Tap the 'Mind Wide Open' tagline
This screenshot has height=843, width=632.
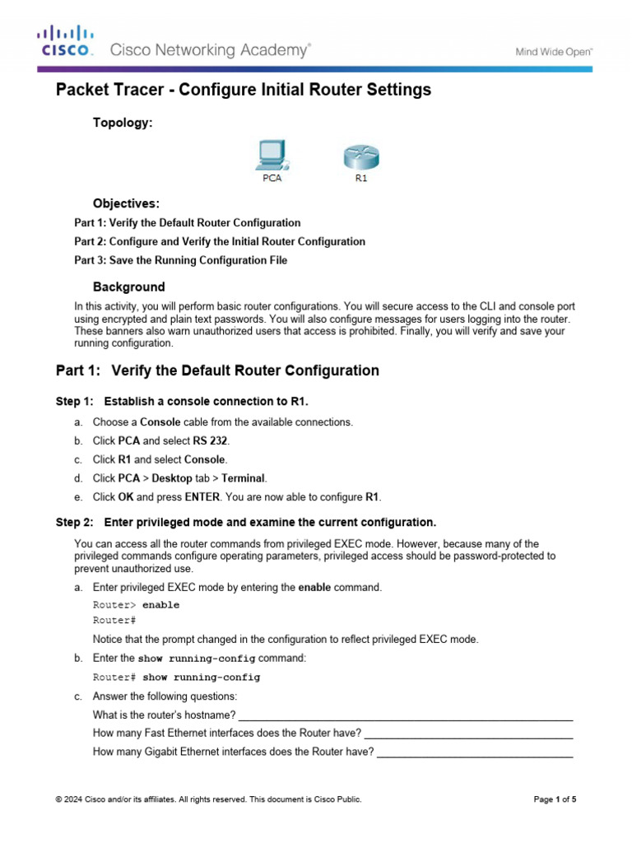tap(554, 51)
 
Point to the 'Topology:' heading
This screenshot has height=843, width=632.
tap(123, 122)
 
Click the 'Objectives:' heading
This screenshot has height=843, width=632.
tap(126, 203)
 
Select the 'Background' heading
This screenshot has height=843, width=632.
tap(128, 287)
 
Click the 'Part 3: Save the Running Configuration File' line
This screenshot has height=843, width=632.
tap(180, 261)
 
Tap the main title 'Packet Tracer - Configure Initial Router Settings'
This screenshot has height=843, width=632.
tap(243, 91)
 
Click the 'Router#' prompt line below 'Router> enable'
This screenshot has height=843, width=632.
tap(114, 621)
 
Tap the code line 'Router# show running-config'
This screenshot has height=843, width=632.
tap(176, 678)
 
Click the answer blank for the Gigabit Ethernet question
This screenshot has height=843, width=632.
tap(474, 752)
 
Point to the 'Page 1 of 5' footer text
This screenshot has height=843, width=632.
tap(555, 799)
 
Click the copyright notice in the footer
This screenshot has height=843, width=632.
tap(208, 799)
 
